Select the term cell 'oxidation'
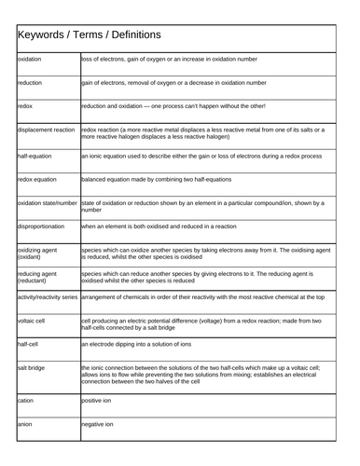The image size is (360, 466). pyautogui.click(x=31, y=58)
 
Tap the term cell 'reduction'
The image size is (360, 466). pyautogui.click(x=30, y=82)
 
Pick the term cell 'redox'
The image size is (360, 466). pyautogui.click(x=25, y=106)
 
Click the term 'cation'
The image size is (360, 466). pyautogui.click(x=26, y=400)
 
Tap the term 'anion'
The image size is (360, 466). pyautogui.click(x=25, y=424)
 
